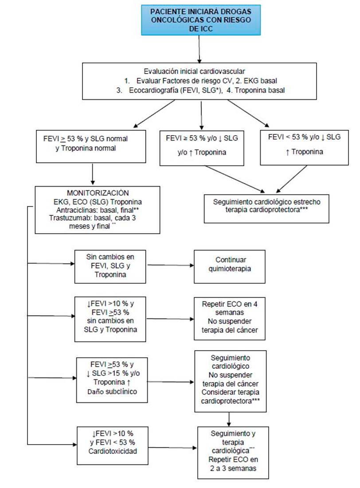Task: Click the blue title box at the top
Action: point(201,20)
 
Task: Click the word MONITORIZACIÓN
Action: point(98,193)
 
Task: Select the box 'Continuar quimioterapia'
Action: point(230,266)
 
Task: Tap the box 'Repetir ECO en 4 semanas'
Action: point(230,318)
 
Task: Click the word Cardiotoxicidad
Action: point(113,451)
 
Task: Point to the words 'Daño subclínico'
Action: point(112,391)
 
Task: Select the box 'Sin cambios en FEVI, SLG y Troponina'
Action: point(110,266)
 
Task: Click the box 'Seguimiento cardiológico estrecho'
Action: point(266,208)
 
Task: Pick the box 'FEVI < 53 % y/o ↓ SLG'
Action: point(304,147)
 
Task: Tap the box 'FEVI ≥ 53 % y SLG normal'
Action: point(91,146)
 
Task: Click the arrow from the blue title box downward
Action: point(200,49)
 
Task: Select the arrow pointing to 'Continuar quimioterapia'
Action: point(170,265)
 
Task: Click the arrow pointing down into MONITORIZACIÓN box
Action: point(93,174)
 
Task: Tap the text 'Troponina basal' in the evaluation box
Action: point(260,90)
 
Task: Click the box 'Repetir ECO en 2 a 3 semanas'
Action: point(233,453)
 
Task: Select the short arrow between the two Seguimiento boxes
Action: point(229,419)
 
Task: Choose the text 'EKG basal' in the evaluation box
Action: point(260,81)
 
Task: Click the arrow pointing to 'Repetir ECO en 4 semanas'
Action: point(170,319)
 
